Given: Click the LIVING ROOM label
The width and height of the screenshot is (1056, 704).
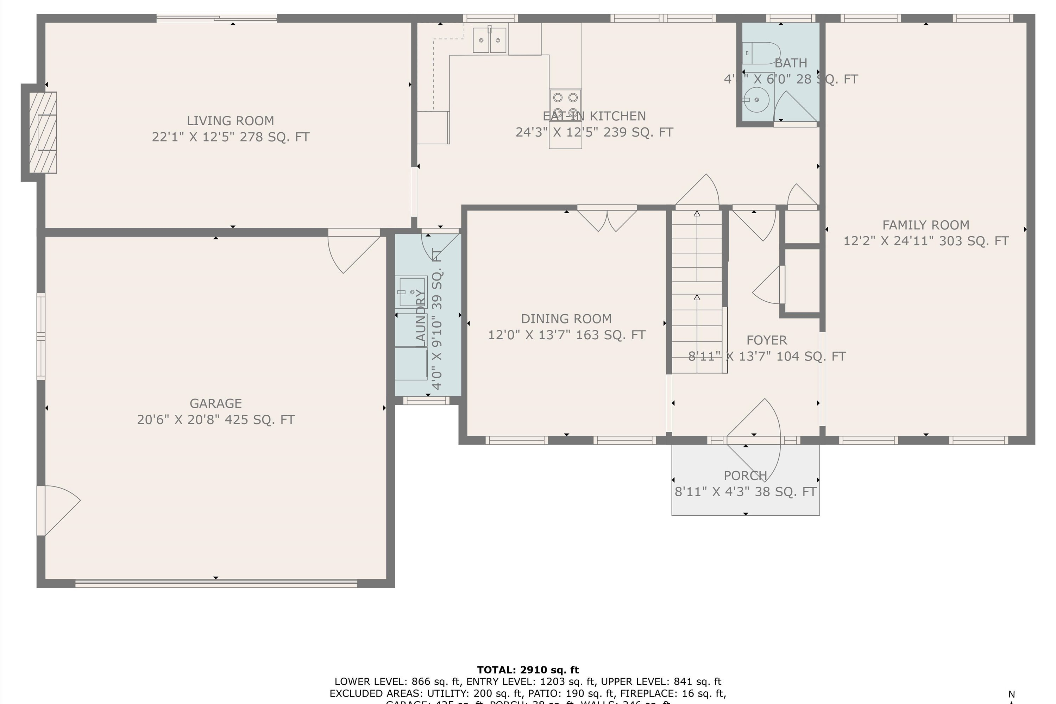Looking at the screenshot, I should [230, 121].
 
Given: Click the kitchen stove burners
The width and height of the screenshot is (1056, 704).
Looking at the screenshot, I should [565, 104].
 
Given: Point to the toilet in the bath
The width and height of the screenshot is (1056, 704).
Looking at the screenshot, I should [761, 54].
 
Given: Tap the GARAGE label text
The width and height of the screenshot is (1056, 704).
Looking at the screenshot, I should [215, 403].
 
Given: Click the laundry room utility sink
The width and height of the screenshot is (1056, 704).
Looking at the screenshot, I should [411, 292].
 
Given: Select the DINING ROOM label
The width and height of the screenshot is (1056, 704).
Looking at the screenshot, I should [566, 319].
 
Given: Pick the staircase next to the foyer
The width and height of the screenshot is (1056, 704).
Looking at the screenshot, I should [697, 292].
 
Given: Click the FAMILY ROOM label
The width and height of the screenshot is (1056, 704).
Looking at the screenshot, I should [926, 225].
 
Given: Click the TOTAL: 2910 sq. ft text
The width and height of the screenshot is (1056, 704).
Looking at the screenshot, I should [528, 670].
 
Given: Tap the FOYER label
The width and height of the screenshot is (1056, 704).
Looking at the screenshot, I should [766, 340].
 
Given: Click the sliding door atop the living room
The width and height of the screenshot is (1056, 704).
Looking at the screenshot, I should [216, 18].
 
